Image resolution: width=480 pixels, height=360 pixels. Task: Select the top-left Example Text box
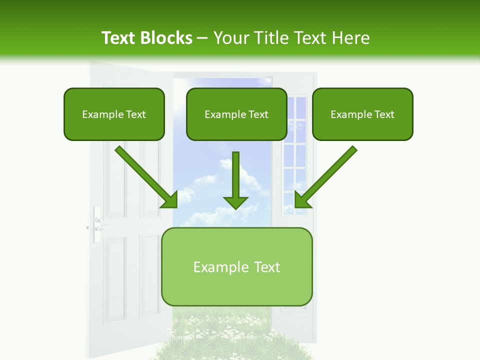coord(114,114)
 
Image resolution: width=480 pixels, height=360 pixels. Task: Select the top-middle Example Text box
coord(236,114)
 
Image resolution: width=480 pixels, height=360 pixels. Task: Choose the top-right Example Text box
coord(362,114)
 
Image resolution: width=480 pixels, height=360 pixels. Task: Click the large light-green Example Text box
coord(237,266)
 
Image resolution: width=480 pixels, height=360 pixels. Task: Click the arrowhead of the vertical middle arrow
coord(235,202)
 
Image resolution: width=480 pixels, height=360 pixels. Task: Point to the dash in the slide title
coord(202,38)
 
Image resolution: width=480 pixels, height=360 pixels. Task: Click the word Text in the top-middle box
coord(258,114)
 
